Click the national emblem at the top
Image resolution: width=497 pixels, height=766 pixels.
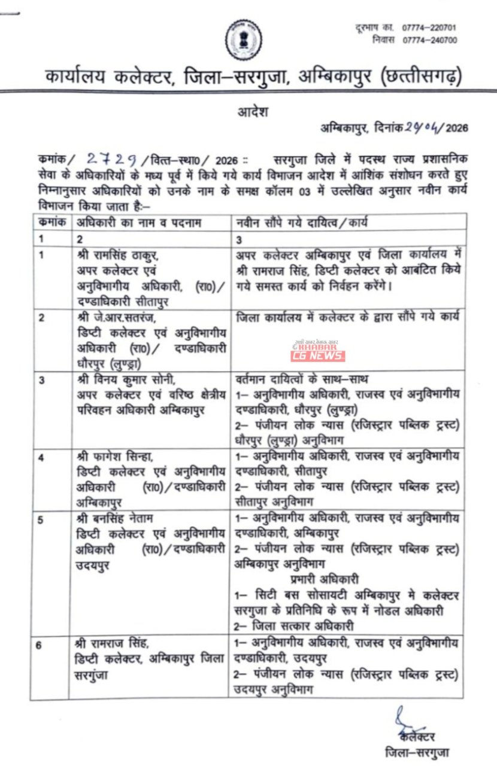coord(243,39)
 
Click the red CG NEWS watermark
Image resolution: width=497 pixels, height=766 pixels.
coord(317,355)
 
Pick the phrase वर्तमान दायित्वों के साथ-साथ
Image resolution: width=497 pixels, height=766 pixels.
coord(302,379)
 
